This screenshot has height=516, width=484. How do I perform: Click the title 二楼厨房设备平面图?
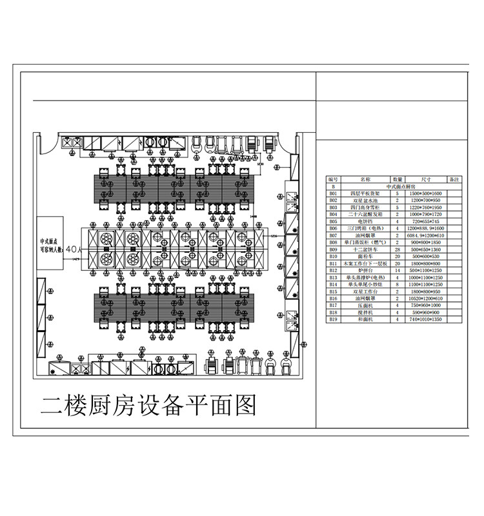(148, 406)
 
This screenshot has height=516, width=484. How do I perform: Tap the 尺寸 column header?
(426, 179)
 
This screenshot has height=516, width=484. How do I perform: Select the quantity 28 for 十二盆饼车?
(398, 250)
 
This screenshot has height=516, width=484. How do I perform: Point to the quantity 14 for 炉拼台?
(398, 270)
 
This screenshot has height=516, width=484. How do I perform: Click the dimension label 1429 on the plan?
(76, 259)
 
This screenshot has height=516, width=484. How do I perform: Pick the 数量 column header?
(398, 179)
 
